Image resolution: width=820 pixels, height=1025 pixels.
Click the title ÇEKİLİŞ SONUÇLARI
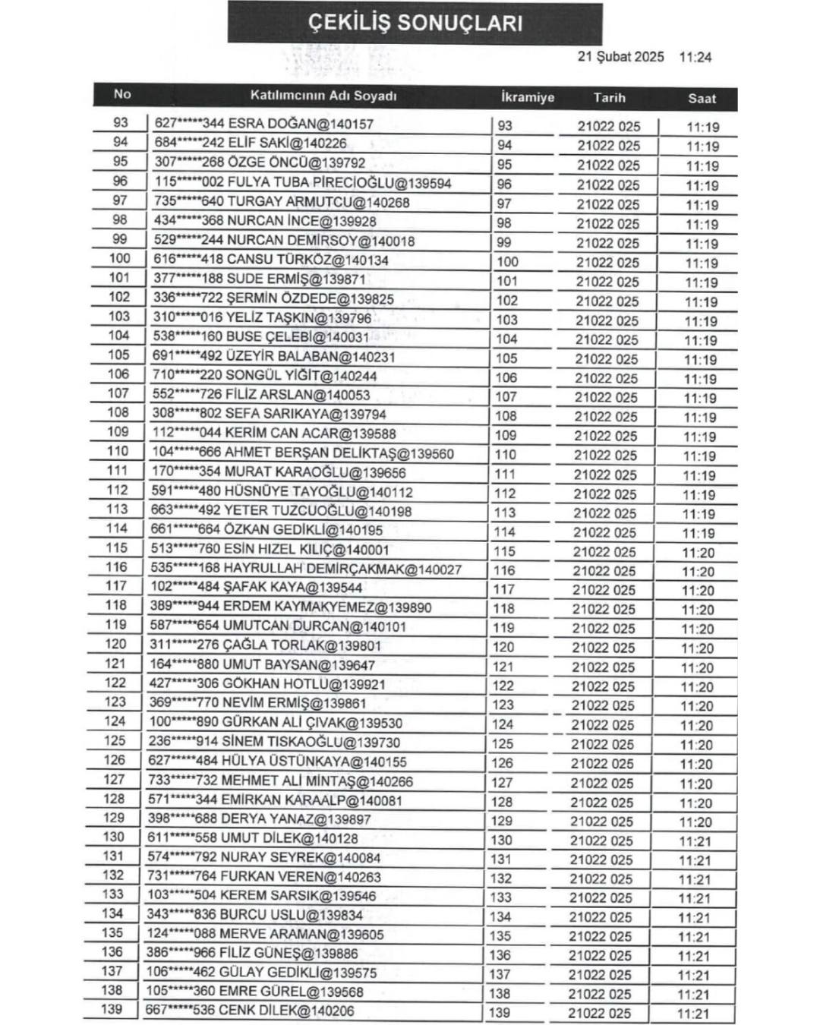pos(415,23)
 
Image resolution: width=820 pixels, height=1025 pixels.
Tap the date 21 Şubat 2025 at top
pos(620,57)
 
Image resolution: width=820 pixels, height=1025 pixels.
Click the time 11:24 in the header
pos(695,57)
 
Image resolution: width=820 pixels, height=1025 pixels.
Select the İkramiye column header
pos(528,98)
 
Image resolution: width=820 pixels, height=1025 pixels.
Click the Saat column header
pos(702,98)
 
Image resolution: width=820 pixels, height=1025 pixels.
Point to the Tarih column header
pos(609,97)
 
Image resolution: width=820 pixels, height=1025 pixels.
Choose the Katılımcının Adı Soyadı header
pos(323,96)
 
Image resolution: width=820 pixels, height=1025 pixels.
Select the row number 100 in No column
pos(120,258)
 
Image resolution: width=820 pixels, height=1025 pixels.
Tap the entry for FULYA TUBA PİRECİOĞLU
pos(303,183)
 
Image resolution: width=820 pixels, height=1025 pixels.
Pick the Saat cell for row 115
pos(698,553)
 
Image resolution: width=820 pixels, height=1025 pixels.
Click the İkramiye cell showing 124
pos(503,724)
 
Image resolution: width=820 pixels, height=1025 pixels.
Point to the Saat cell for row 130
pos(695,841)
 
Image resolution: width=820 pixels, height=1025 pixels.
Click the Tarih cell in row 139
pos(599,1013)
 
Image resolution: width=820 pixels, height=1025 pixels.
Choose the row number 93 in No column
pos(121,122)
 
